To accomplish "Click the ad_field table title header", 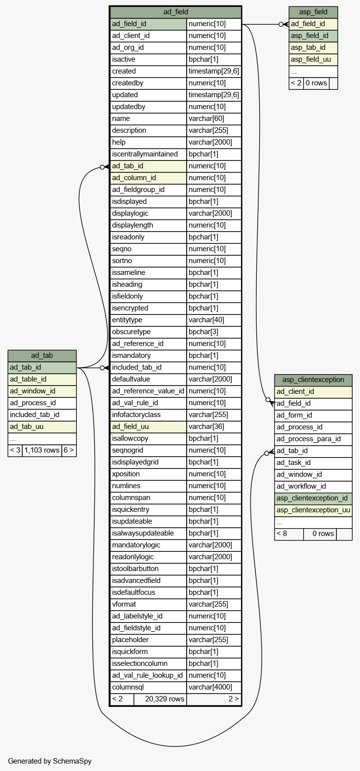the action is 175,12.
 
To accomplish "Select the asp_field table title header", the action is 313,12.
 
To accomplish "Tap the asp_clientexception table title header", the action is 313,380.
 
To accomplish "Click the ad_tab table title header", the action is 42,355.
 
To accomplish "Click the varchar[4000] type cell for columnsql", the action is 214,687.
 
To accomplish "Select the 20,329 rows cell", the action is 160,699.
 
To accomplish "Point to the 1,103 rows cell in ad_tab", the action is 42,450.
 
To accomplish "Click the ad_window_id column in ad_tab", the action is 42,391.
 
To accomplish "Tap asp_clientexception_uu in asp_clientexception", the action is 313,510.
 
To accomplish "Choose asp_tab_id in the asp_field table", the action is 313,47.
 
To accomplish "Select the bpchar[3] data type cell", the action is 214,332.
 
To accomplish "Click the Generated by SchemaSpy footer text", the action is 49,761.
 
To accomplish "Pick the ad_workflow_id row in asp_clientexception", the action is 313,486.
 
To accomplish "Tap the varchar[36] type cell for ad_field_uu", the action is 214,426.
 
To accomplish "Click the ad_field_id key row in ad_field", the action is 149,24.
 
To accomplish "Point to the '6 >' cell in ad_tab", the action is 69,450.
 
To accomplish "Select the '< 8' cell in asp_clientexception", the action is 289,534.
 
